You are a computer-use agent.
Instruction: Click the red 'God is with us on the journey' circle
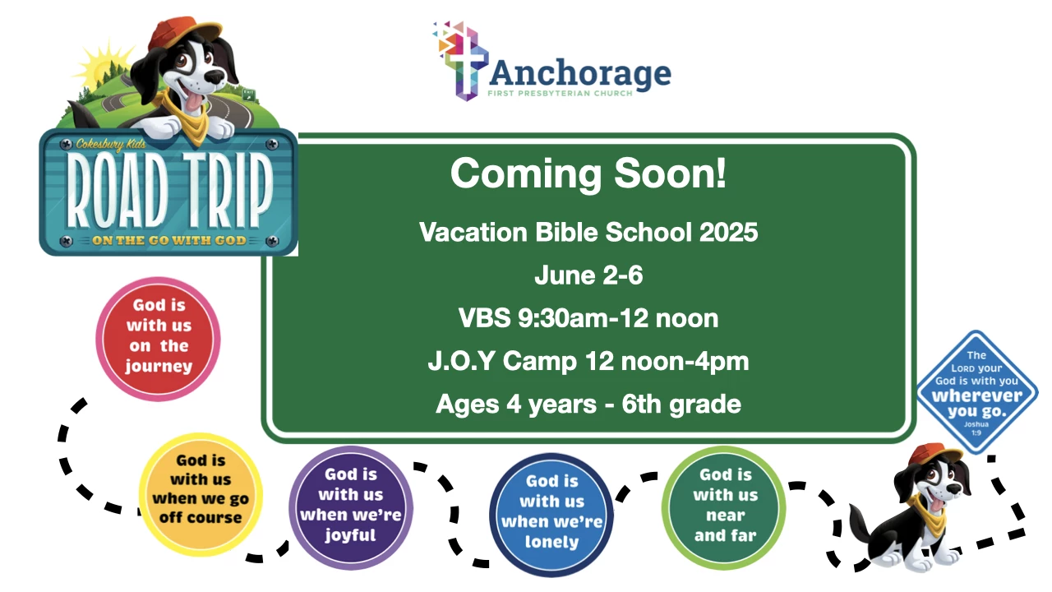pyautogui.click(x=159, y=339)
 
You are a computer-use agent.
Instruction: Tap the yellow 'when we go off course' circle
pyautogui.click(x=201, y=494)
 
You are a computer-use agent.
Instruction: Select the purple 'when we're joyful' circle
pyautogui.click(x=351, y=508)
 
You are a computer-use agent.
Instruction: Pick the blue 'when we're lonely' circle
pyautogui.click(x=551, y=515)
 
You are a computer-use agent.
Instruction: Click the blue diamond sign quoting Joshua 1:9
pyautogui.click(x=977, y=392)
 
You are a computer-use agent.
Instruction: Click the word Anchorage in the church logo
pyautogui.click(x=580, y=74)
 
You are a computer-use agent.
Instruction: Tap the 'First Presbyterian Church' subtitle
pyautogui.click(x=560, y=93)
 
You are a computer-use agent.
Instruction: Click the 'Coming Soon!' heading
pyautogui.click(x=588, y=173)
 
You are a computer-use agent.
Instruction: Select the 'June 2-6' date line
pyautogui.click(x=588, y=275)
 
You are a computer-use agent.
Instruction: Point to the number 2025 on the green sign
pyautogui.click(x=728, y=232)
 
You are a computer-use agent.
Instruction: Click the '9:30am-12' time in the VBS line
pyautogui.click(x=584, y=318)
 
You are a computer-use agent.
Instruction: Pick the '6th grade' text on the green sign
pyautogui.click(x=681, y=404)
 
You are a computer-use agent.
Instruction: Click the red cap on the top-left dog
pyautogui.click(x=184, y=32)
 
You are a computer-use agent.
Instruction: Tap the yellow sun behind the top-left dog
pyautogui.click(x=102, y=66)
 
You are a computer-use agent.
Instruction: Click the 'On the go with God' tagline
pyautogui.click(x=169, y=241)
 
